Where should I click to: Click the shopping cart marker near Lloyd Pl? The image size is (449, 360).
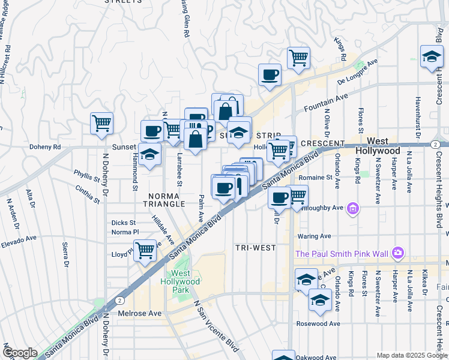click(x=145, y=250)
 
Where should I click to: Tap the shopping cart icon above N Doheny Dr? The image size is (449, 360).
click(x=102, y=124)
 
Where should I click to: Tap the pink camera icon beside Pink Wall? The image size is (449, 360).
click(x=397, y=253)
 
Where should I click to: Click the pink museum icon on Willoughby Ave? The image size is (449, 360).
click(x=353, y=208)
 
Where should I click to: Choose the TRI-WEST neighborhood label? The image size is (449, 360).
click(x=255, y=247)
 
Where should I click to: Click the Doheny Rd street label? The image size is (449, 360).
click(x=45, y=146)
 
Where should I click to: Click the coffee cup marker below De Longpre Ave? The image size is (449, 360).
click(x=270, y=75)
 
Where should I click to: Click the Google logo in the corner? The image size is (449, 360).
click(x=20, y=353)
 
